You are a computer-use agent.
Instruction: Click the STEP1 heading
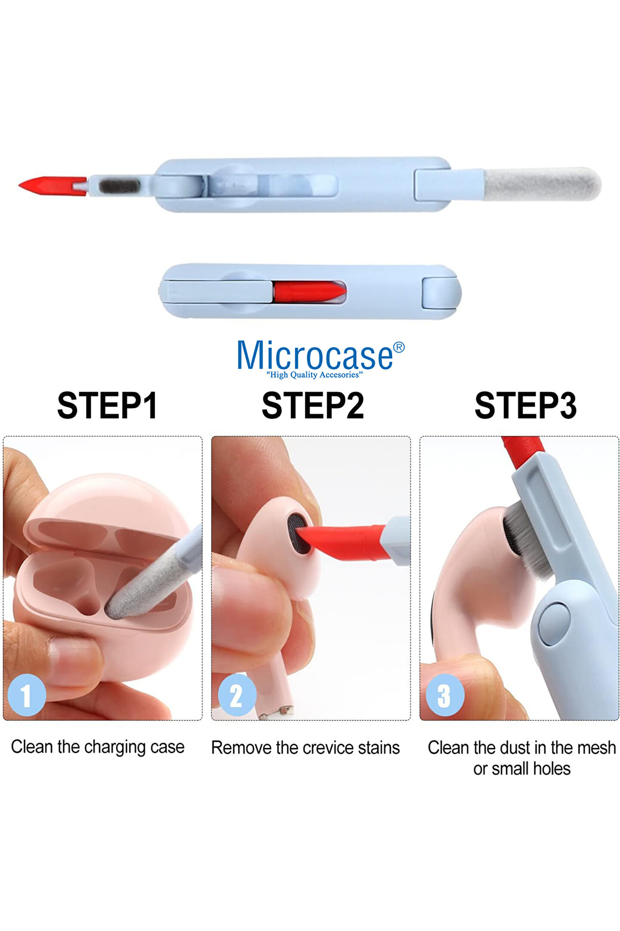click(107, 405)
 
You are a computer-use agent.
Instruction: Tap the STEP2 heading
click(313, 405)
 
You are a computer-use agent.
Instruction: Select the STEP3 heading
click(525, 405)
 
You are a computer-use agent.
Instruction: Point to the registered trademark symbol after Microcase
click(399, 347)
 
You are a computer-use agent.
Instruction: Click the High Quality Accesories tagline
click(315, 375)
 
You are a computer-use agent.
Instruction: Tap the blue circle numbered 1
click(27, 695)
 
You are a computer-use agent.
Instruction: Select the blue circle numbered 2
click(237, 695)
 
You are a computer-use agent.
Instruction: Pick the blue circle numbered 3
click(445, 695)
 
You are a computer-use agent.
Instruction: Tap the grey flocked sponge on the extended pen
click(542, 184)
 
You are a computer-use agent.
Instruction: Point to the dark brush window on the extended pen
click(119, 186)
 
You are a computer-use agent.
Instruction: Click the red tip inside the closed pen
click(309, 292)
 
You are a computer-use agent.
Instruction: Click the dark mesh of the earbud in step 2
click(298, 533)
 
